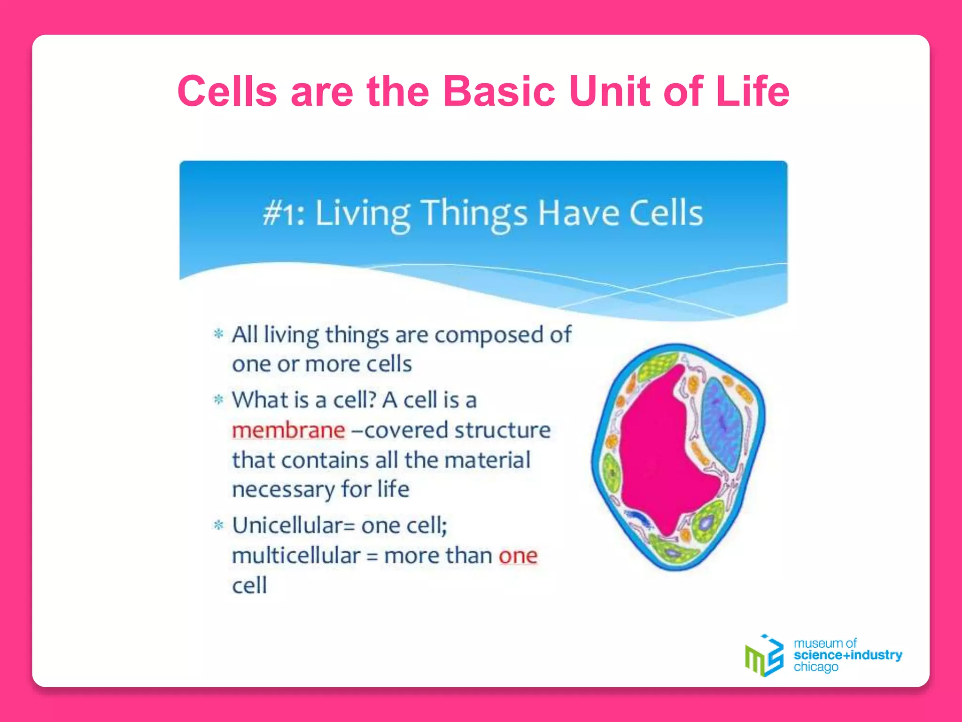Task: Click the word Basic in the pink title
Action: click(x=499, y=91)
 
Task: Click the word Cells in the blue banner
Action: click(x=666, y=213)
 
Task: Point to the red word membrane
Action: click(x=288, y=430)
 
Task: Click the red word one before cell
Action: click(x=518, y=556)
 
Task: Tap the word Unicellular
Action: click(x=287, y=526)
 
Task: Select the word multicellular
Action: click(x=296, y=556)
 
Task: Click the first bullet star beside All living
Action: click(x=218, y=334)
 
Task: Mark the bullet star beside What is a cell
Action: click(x=218, y=400)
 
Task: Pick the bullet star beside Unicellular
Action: click(x=218, y=525)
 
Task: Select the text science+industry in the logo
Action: click(x=847, y=655)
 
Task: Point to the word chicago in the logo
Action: click(x=815, y=667)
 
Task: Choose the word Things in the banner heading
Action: click(x=474, y=214)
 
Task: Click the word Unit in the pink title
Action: click(x=609, y=91)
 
